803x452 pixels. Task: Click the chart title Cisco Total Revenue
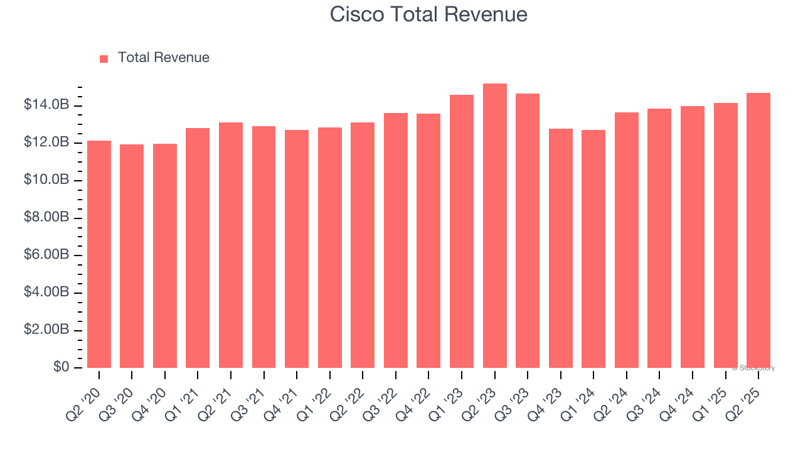(x=428, y=14)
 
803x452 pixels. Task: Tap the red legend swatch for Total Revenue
(x=104, y=58)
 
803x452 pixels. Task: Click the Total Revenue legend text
(x=163, y=58)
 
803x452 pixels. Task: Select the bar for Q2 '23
(x=494, y=226)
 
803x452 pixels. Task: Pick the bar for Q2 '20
(x=99, y=254)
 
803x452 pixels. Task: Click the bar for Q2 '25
(x=758, y=230)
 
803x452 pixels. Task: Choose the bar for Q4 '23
(x=560, y=248)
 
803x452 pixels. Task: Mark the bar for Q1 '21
(x=198, y=248)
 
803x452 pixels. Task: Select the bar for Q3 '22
(x=396, y=240)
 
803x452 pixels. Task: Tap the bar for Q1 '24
(x=593, y=249)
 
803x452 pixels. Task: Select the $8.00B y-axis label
(x=46, y=217)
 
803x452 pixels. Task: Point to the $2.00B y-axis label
(x=46, y=330)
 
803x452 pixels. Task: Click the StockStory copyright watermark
(x=753, y=368)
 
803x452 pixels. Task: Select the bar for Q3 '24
(x=659, y=239)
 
